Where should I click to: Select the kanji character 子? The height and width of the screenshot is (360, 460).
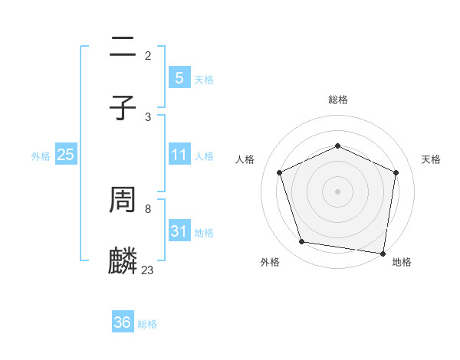pyautogui.click(x=123, y=106)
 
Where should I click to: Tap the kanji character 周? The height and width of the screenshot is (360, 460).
pyautogui.click(x=123, y=201)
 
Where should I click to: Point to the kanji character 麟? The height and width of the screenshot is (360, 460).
pyautogui.click(x=123, y=261)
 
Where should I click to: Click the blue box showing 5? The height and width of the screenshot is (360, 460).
pyautogui.click(x=179, y=78)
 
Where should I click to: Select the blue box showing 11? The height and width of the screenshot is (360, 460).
pyautogui.click(x=179, y=155)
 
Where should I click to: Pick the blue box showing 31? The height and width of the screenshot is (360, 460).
pyautogui.click(x=179, y=231)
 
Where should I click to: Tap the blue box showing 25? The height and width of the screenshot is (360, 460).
pyautogui.click(x=66, y=155)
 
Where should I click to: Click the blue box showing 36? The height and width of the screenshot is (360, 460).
pyautogui.click(x=123, y=322)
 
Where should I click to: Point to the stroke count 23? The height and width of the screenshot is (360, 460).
pyautogui.click(x=147, y=270)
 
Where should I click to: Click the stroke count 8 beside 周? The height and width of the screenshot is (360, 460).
pyautogui.click(x=147, y=208)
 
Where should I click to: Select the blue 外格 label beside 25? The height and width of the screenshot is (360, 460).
pyautogui.click(x=41, y=155)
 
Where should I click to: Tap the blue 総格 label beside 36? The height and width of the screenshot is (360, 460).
pyautogui.click(x=147, y=323)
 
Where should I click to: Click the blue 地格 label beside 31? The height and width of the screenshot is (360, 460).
pyautogui.click(x=204, y=232)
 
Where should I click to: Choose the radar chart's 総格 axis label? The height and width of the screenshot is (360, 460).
pyautogui.click(x=338, y=100)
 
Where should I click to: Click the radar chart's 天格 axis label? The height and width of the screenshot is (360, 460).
pyautogui.click(x=431, y=159)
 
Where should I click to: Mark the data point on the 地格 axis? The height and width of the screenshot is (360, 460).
pyautogui.click(x=383, y=253)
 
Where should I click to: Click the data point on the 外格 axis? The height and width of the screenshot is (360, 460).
pyautogui.click(x=302, y=242)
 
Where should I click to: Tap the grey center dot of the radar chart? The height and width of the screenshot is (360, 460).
pyautogui.click(x=338, y=191)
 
